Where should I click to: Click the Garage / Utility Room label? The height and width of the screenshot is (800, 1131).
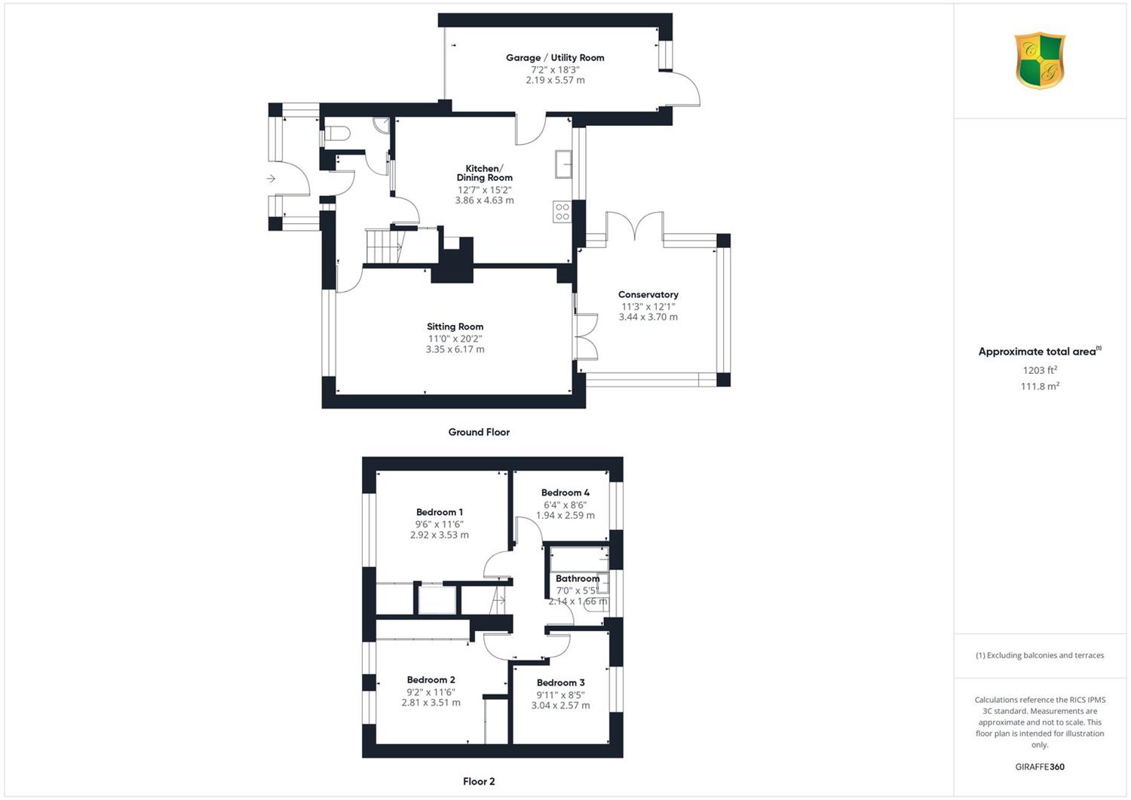(x=555, y=57)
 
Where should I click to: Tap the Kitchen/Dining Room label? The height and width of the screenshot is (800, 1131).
(x=484, y=173)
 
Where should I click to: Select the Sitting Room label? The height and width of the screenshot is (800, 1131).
(x=455, y=326)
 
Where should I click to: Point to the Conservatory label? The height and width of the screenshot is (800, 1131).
(x=648, y=295)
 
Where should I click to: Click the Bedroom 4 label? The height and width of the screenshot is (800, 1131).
(x=565, y=492)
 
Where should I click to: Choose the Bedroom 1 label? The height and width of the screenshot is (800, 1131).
(x=440, y=512)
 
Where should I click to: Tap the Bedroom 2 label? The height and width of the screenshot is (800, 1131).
(x=431, y=680)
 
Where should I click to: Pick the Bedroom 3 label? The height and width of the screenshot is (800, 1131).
(x=560, y=683)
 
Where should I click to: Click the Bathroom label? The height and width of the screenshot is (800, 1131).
(x=578, y=578)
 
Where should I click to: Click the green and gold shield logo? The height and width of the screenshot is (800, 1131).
(x=1040, y=60)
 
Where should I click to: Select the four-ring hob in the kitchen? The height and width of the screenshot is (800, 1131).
(x=562, y=212)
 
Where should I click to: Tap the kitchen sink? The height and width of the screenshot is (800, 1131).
(x=563, y=164)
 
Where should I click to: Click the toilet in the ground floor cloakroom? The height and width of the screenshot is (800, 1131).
(x=337, y=133)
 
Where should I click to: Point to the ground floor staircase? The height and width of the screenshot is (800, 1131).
(x=386, y=247)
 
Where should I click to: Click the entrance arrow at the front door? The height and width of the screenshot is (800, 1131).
(x=271, y=178)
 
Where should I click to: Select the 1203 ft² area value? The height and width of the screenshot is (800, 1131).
(x=1040, y=370)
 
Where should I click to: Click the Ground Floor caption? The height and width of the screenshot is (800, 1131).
(x=479, y=432)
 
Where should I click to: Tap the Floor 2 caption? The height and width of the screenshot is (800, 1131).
(x=479, y=781)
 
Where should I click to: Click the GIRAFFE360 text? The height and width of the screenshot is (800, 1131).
(x=1040, y=767)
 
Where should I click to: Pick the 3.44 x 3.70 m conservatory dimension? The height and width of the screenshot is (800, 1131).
(x=648, y=317)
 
